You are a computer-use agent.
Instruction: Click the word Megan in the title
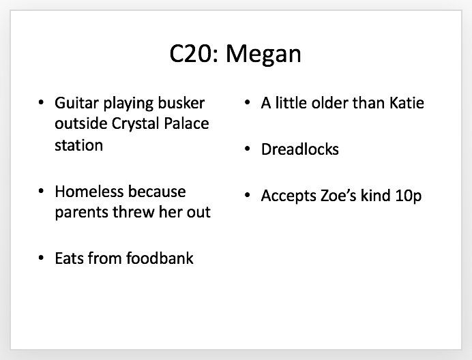(x=263, y=54)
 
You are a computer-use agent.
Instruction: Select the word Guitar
(x=77, y=103)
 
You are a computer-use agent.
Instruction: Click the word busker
(x=181, y=103)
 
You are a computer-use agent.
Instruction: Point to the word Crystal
(x=135, y=124)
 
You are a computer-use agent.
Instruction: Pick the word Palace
(x=186, y=123)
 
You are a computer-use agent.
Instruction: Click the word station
(x=79, y=145)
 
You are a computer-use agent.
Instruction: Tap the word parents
(x=82, y=213)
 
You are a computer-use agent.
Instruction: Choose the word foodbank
(x=160, y=258)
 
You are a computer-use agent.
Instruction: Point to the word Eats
(x=70, y=258)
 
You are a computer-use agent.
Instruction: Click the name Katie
(x=407, y=103)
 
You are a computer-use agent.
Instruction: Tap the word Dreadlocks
(x=300, y=149)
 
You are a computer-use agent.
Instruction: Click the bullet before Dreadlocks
(x=248, y=149)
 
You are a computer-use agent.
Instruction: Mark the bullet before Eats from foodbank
(x=41, y=258)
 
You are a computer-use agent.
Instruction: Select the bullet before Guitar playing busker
(x=41, y=102)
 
